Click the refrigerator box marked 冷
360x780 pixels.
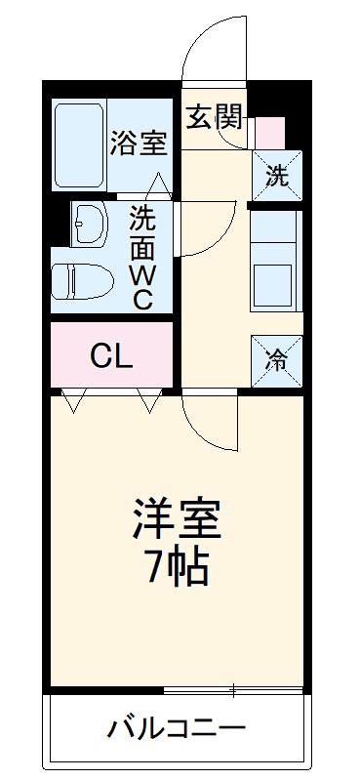click(277, 359)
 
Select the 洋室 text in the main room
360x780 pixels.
click(177, 516)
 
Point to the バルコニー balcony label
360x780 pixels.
click(177, 728)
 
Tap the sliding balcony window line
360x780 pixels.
click(234, 692)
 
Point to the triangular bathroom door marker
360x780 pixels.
click(160, 183)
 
